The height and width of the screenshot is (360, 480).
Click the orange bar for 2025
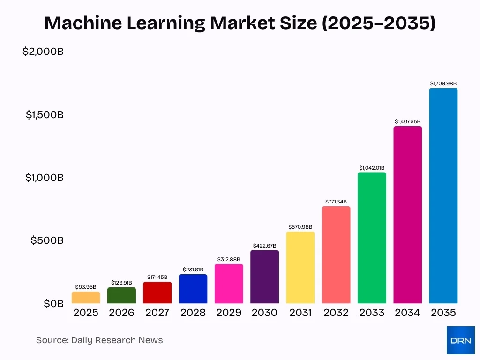click(86, 298)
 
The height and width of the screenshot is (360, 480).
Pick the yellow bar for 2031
click(300, 268)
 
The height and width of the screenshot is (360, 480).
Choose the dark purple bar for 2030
click(264, 277)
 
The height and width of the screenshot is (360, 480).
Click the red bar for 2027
click(157, 293)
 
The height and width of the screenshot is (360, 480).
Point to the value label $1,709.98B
click(443, 83)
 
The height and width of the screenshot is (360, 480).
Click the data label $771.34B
click(336, 202)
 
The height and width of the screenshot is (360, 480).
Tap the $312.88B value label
click(229, 259)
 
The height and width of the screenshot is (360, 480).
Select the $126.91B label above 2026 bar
click(121, 283)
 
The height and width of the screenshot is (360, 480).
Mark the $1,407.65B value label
click(407, 121)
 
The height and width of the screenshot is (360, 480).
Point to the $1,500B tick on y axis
click(45, 114)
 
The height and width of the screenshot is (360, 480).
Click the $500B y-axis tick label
click(47, 240)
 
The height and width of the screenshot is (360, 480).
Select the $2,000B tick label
click(43, 52)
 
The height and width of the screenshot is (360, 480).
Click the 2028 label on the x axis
click(193, 313)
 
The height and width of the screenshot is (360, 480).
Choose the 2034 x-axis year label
click(407, 313)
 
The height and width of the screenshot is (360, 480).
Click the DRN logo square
click(460, 340)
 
